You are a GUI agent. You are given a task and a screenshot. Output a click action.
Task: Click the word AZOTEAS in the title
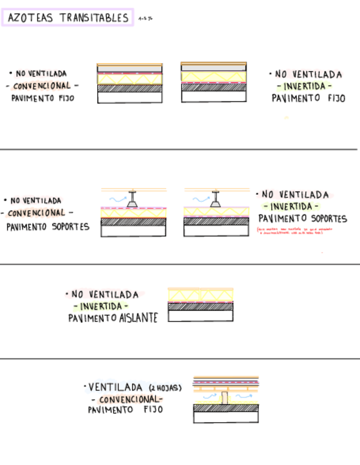tap(31, 18)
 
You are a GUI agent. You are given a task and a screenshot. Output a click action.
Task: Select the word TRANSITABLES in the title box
tap(94, 18)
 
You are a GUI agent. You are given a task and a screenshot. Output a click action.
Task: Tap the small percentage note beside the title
tap(145, 19)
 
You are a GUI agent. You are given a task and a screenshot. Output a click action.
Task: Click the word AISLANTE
tap(138, 318)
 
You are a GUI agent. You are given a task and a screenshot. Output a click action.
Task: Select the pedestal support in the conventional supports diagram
tap(133, 200)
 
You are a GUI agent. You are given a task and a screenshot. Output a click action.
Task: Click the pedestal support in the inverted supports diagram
tap(216, 200)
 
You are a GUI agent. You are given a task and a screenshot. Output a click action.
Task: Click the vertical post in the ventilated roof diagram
tap(225, 398)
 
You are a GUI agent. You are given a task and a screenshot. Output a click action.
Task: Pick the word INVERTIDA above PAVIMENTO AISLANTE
tap(104, 306)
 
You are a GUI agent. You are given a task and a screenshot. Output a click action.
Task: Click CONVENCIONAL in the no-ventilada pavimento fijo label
tap(42, 86)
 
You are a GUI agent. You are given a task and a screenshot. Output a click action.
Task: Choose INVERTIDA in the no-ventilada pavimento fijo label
tap(305, 86)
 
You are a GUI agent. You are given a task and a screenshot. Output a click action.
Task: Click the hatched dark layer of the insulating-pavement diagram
tap(200, 307)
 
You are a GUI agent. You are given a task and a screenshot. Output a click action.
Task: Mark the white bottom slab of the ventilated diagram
tap(226, 417)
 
